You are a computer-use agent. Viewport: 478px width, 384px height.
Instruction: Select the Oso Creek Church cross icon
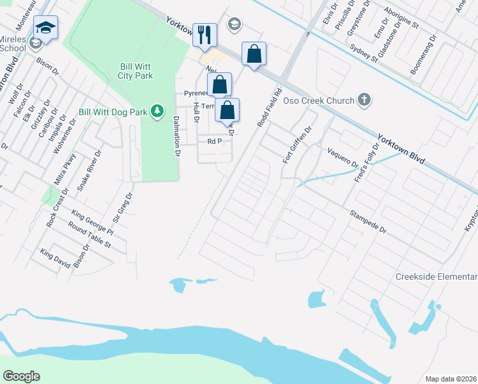pos(364,100)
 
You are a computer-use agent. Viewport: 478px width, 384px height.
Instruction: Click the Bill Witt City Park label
pos(135,71)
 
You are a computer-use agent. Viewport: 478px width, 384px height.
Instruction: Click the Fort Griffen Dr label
pos(298,144)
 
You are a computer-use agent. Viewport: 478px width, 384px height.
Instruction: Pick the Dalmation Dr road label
pos(176,135)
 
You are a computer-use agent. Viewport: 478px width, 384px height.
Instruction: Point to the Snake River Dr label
pos(89,170)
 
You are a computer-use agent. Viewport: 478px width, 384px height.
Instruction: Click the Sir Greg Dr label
pos(122,208)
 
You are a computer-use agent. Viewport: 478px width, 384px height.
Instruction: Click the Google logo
pos(21,376)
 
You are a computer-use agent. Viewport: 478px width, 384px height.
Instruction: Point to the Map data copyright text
pos(451,379)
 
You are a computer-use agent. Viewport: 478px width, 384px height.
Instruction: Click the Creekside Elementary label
pos(436,276)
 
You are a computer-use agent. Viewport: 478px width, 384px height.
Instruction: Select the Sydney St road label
pos(364,51)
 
